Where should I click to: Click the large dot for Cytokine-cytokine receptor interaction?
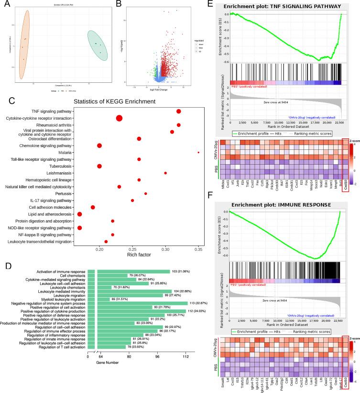click(x=119, y=118)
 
